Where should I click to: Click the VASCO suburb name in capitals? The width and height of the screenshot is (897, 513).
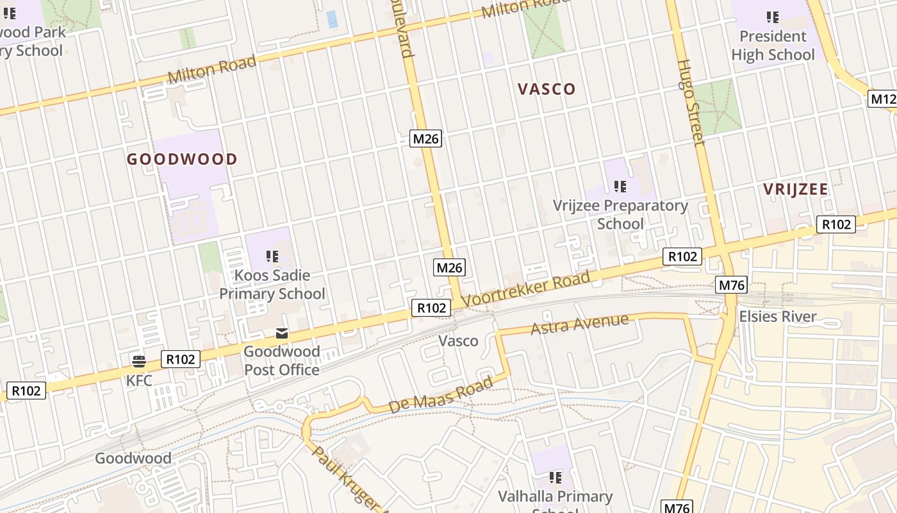pyautogui.click(x=547, y=89)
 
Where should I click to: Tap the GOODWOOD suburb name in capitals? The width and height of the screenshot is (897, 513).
pyautogui.click(x=182, y=160)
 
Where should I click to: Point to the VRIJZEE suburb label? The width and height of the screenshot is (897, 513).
pyautogui.click(x=795, y=189)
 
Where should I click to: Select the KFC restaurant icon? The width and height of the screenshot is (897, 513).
pyautogui.click(x=138, y=360)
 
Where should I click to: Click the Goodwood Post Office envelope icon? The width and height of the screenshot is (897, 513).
pyautogui.click(x=282, y=333)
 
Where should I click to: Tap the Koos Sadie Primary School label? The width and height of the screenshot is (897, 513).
pyautogui.click(x=272, y=285)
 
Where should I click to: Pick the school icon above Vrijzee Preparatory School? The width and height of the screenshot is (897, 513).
pyautogui.click(x=620, y=187)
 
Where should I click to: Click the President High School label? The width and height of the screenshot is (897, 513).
pyautogui.click(x=773, y=46)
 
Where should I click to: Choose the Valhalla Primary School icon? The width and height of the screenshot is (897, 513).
pyautogui.click(x=555, y=478)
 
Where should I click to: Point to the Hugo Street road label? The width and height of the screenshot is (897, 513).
pyautogui.click(x=690, y=103)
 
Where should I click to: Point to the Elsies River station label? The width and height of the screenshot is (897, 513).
pyautogui.click(x=778, y=316)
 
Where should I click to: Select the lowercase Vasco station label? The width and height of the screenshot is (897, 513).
pyautogui.click(x=458, y=341)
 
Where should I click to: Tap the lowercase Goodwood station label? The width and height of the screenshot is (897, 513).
pyautogui.click(x=133, y=458)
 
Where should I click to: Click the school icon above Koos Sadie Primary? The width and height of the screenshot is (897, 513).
pyautogui.click(x=272, y=256)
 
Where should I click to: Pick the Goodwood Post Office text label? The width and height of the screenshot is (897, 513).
pyautogui.click(x=281, y=361)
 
